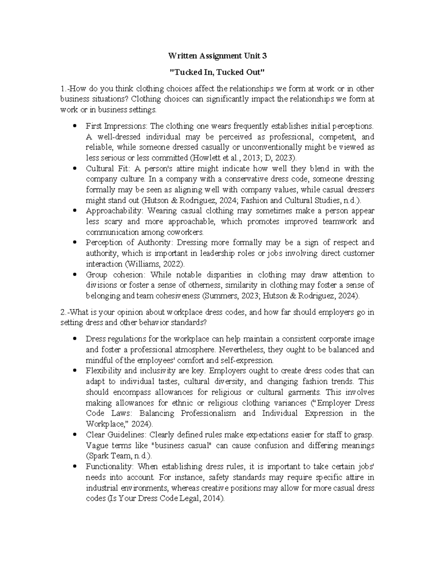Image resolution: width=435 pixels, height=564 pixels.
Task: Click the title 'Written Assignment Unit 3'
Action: [x=217, y=56]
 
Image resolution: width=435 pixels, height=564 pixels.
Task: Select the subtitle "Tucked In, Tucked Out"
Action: [x=217, y=72]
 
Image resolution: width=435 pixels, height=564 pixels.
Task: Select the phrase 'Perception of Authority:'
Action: [x=128, y=243]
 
